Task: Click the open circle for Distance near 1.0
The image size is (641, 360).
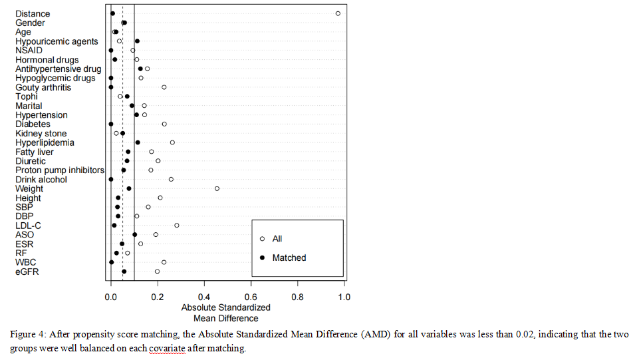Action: point(338,13)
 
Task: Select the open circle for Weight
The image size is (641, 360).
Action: point(217,188)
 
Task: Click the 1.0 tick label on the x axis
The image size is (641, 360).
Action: point(344,297)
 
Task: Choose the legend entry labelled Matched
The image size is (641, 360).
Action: point(289,258)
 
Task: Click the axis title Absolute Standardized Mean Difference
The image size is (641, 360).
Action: point(226,313)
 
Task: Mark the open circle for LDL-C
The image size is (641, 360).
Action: point(177,225)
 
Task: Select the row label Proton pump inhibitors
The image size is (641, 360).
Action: point(60,170)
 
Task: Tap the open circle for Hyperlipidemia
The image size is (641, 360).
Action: point(172,142)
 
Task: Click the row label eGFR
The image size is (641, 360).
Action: point(27,271)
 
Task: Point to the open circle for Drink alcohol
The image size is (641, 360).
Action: point(171,179)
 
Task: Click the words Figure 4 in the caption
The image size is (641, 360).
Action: point(29,334)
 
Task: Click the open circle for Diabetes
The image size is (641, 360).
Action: point(164,124)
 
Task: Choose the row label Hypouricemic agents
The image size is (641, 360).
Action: point(57,41)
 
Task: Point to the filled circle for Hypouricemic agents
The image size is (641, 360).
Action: point(137,41)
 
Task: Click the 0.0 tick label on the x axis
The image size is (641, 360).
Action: point(111,297)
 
